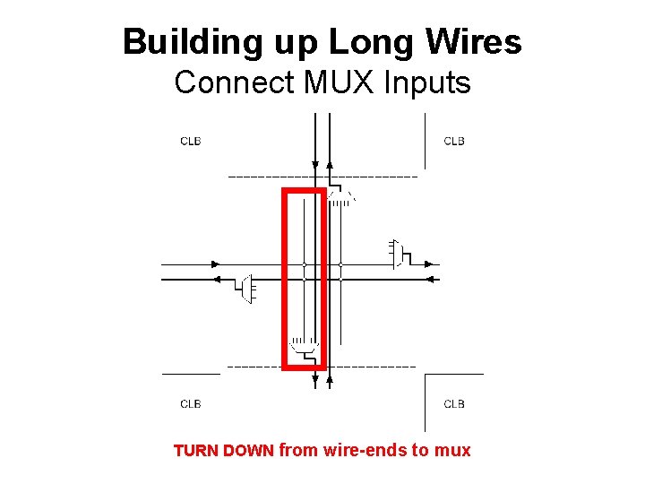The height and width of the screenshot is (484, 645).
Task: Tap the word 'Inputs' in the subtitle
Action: [426, 83]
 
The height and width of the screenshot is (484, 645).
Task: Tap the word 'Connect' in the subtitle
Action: [235, 83]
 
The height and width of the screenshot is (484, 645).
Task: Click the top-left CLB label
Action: [191, 141]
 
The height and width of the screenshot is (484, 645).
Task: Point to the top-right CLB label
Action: [454, 141]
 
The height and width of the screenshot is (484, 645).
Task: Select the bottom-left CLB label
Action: [191, 403]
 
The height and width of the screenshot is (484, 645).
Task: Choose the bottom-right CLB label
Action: [454, 403]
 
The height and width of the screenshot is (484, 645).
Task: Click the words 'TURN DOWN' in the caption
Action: [223, 451]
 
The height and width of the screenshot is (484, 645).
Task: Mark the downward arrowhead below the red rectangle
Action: [314, 381]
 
